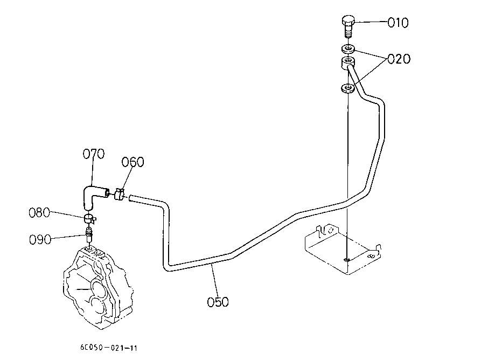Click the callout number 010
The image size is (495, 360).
click(x=398, y=23)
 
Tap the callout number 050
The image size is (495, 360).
click(x=218, y=302)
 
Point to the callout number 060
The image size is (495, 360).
click(x=133, y=162)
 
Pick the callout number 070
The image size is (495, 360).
click(x=93, y=155)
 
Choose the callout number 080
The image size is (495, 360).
click(x=39, y=212)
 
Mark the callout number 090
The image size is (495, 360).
click(x=41, y=239)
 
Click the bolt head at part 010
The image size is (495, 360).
click(x=348, y=23)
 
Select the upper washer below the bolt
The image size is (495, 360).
click(x=348, y=49)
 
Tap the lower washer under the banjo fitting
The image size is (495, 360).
click(x=348, y=87)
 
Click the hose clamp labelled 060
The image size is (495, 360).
click(x=120, y=193)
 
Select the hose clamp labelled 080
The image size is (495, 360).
click(x=90, y=218)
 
